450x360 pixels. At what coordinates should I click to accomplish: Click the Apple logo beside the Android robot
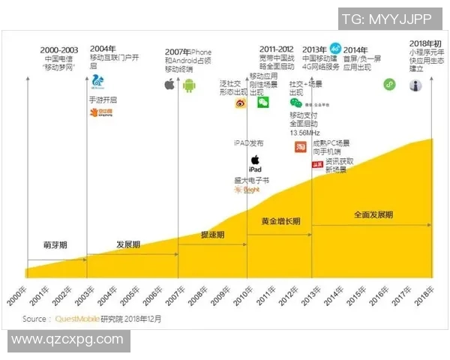tap(170, 85)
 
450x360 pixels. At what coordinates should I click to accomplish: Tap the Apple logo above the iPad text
tap(254, 160)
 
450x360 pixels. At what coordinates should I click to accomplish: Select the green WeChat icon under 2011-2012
tap(263, 103)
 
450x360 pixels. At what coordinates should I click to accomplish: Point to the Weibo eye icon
tap(240, 103)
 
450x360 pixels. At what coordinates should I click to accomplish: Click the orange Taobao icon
tap(300, 147)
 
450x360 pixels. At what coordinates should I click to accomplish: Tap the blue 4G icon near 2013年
tap(335, 46)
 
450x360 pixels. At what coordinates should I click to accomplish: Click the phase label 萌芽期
tap(55, 245)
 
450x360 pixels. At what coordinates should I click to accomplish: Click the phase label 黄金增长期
tap(280, 221)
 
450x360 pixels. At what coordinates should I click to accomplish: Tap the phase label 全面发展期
tap(373, 215)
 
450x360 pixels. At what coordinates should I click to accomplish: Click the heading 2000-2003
tap(59, 49)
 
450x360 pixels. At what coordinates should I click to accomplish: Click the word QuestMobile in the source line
tap(77, 319)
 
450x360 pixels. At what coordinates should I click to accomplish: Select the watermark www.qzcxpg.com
tap(67, 339)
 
